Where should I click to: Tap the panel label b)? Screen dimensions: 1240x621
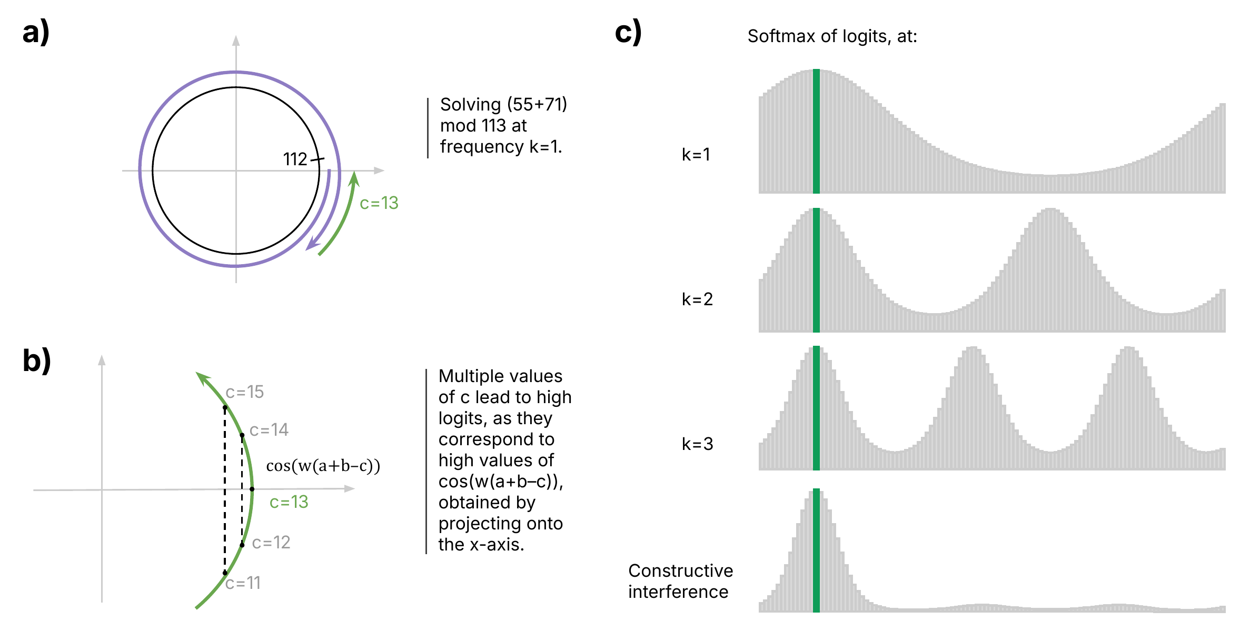point(37,361)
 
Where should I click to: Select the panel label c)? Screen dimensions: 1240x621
point(628,32)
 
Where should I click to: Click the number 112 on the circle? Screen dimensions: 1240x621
point(295,159)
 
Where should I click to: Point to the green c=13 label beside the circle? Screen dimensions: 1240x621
point(379,203)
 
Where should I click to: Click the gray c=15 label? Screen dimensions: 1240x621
point(245,392)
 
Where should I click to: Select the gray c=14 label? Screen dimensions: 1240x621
point(269,430)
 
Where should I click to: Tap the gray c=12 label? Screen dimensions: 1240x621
point(271,543)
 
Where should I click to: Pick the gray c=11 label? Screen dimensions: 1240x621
point(243,583)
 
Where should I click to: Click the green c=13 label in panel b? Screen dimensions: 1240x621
point(289,502)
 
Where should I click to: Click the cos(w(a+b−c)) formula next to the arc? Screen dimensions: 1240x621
point(323,466)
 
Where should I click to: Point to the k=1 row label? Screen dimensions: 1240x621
point(696,154)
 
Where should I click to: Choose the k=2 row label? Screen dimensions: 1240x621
point(697,299)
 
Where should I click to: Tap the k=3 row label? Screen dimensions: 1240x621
point(697,444)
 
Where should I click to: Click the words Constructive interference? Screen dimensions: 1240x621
point(680,581)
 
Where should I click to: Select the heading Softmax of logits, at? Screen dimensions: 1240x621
point(832,36)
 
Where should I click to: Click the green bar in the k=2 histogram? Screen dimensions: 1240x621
point(816,270)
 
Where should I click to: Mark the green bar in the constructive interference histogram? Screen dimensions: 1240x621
point(816,550)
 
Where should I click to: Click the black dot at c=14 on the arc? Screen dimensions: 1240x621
point(242,435)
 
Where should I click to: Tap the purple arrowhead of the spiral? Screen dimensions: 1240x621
point(313,243)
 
